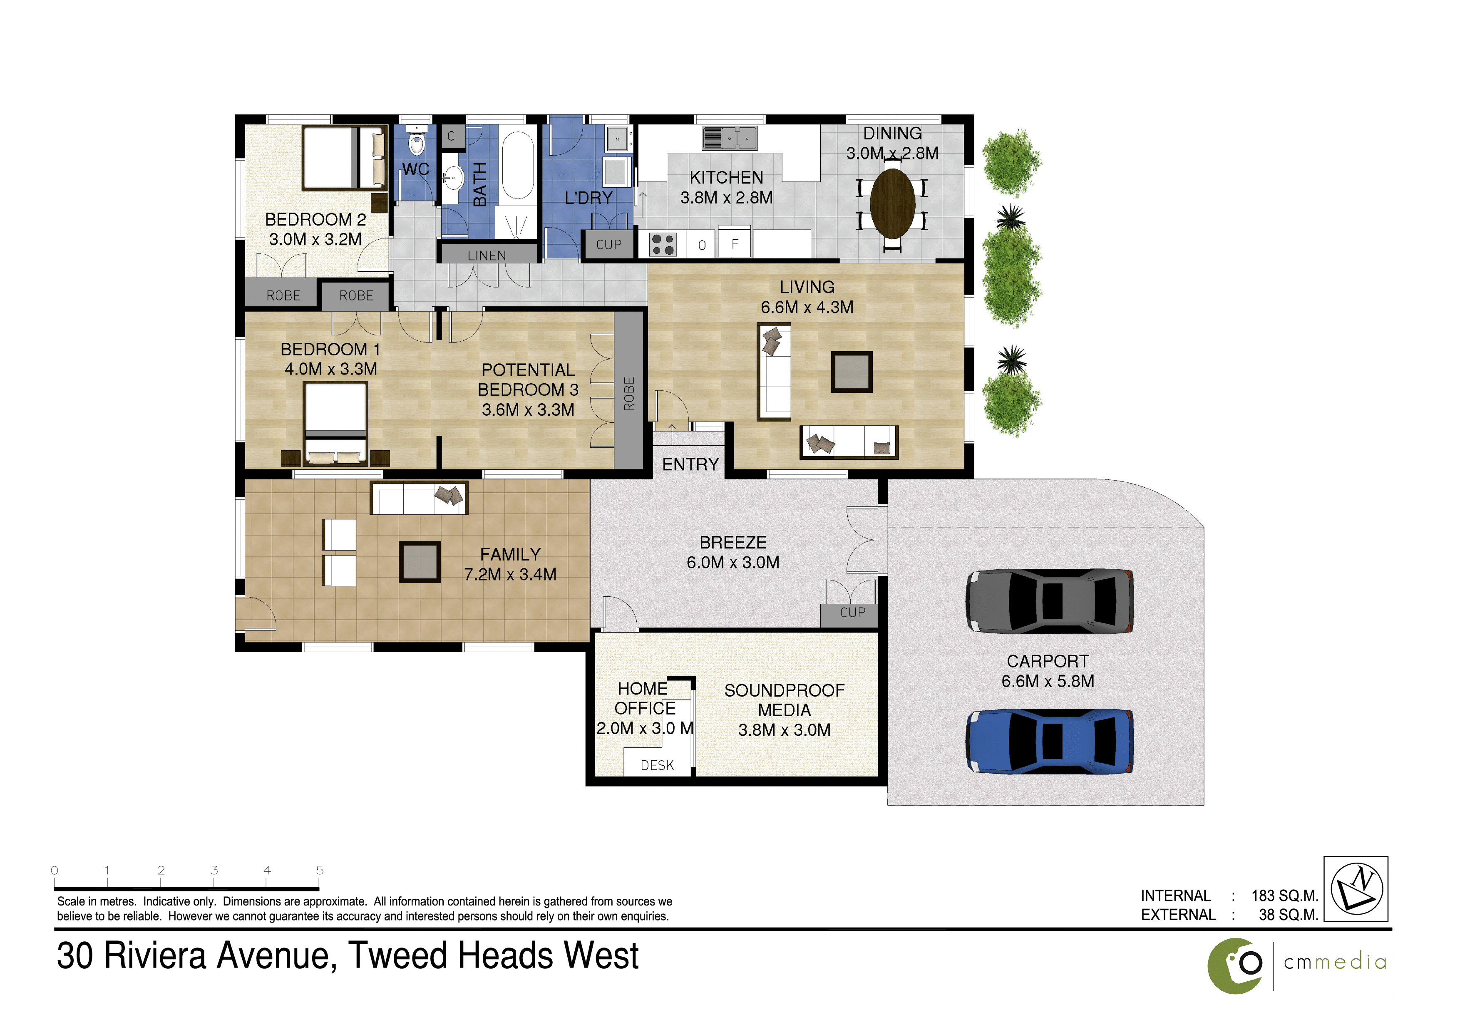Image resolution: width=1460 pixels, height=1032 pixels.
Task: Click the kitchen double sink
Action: (x=729, y=138)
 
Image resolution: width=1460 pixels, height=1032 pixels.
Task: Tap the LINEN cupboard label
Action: (x=487, y=256)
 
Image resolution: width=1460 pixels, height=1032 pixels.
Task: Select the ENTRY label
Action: (x=690, y=465)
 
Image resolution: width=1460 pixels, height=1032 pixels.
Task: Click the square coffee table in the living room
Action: (x=852, y=372)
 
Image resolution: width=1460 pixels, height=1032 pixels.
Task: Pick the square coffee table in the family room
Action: (x=420, y=562)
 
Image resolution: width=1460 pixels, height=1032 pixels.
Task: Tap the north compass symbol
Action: (x=1357, y=888)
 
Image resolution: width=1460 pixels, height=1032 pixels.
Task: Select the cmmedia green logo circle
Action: (x=1236, y=966)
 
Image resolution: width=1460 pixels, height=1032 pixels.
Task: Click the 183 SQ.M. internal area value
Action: (x=1284, y=896)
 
